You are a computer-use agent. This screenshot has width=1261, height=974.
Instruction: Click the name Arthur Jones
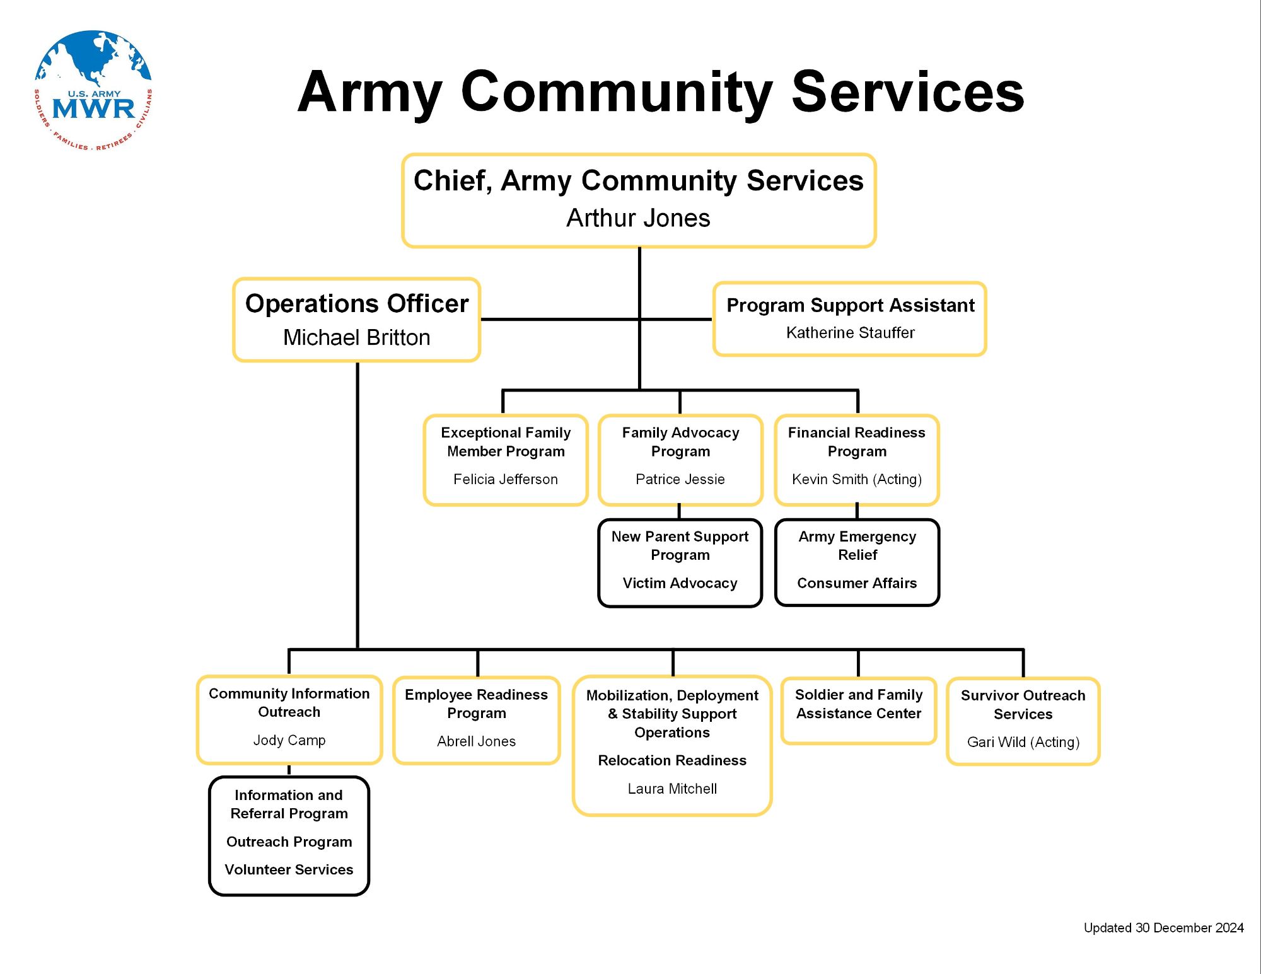[638, 218]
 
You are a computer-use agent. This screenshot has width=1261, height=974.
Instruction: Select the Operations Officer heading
[357, 304]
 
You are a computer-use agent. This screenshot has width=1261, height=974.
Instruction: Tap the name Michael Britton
[357, 338]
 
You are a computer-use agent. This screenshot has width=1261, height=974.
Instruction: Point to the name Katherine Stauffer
[850, 333]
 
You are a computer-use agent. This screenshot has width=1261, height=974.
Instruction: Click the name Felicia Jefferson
[506, 480]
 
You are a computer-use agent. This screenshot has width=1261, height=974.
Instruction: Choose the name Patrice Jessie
[680, 480]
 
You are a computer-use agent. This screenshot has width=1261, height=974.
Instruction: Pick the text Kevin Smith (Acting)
[857, 480]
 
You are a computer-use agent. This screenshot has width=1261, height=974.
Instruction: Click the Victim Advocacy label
[680, 583]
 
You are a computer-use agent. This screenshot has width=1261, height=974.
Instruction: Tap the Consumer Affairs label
[857, 583]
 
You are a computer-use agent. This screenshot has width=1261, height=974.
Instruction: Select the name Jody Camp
[289, 740]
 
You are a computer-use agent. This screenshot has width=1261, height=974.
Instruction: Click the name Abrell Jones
[477, 741]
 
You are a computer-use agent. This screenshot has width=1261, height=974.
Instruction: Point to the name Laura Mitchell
[672, 789]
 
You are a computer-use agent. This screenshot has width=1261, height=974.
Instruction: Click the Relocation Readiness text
[672, 760]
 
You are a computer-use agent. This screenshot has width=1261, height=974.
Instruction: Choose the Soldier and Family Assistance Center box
[859, 710]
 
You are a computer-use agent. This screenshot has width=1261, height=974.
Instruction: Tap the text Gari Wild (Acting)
[1023, 743]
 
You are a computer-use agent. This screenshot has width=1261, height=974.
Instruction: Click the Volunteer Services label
[289, 870]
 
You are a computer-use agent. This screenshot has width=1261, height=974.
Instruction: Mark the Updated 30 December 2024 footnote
[1163, 928]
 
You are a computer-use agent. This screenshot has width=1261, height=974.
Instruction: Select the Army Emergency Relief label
[857, 546]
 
